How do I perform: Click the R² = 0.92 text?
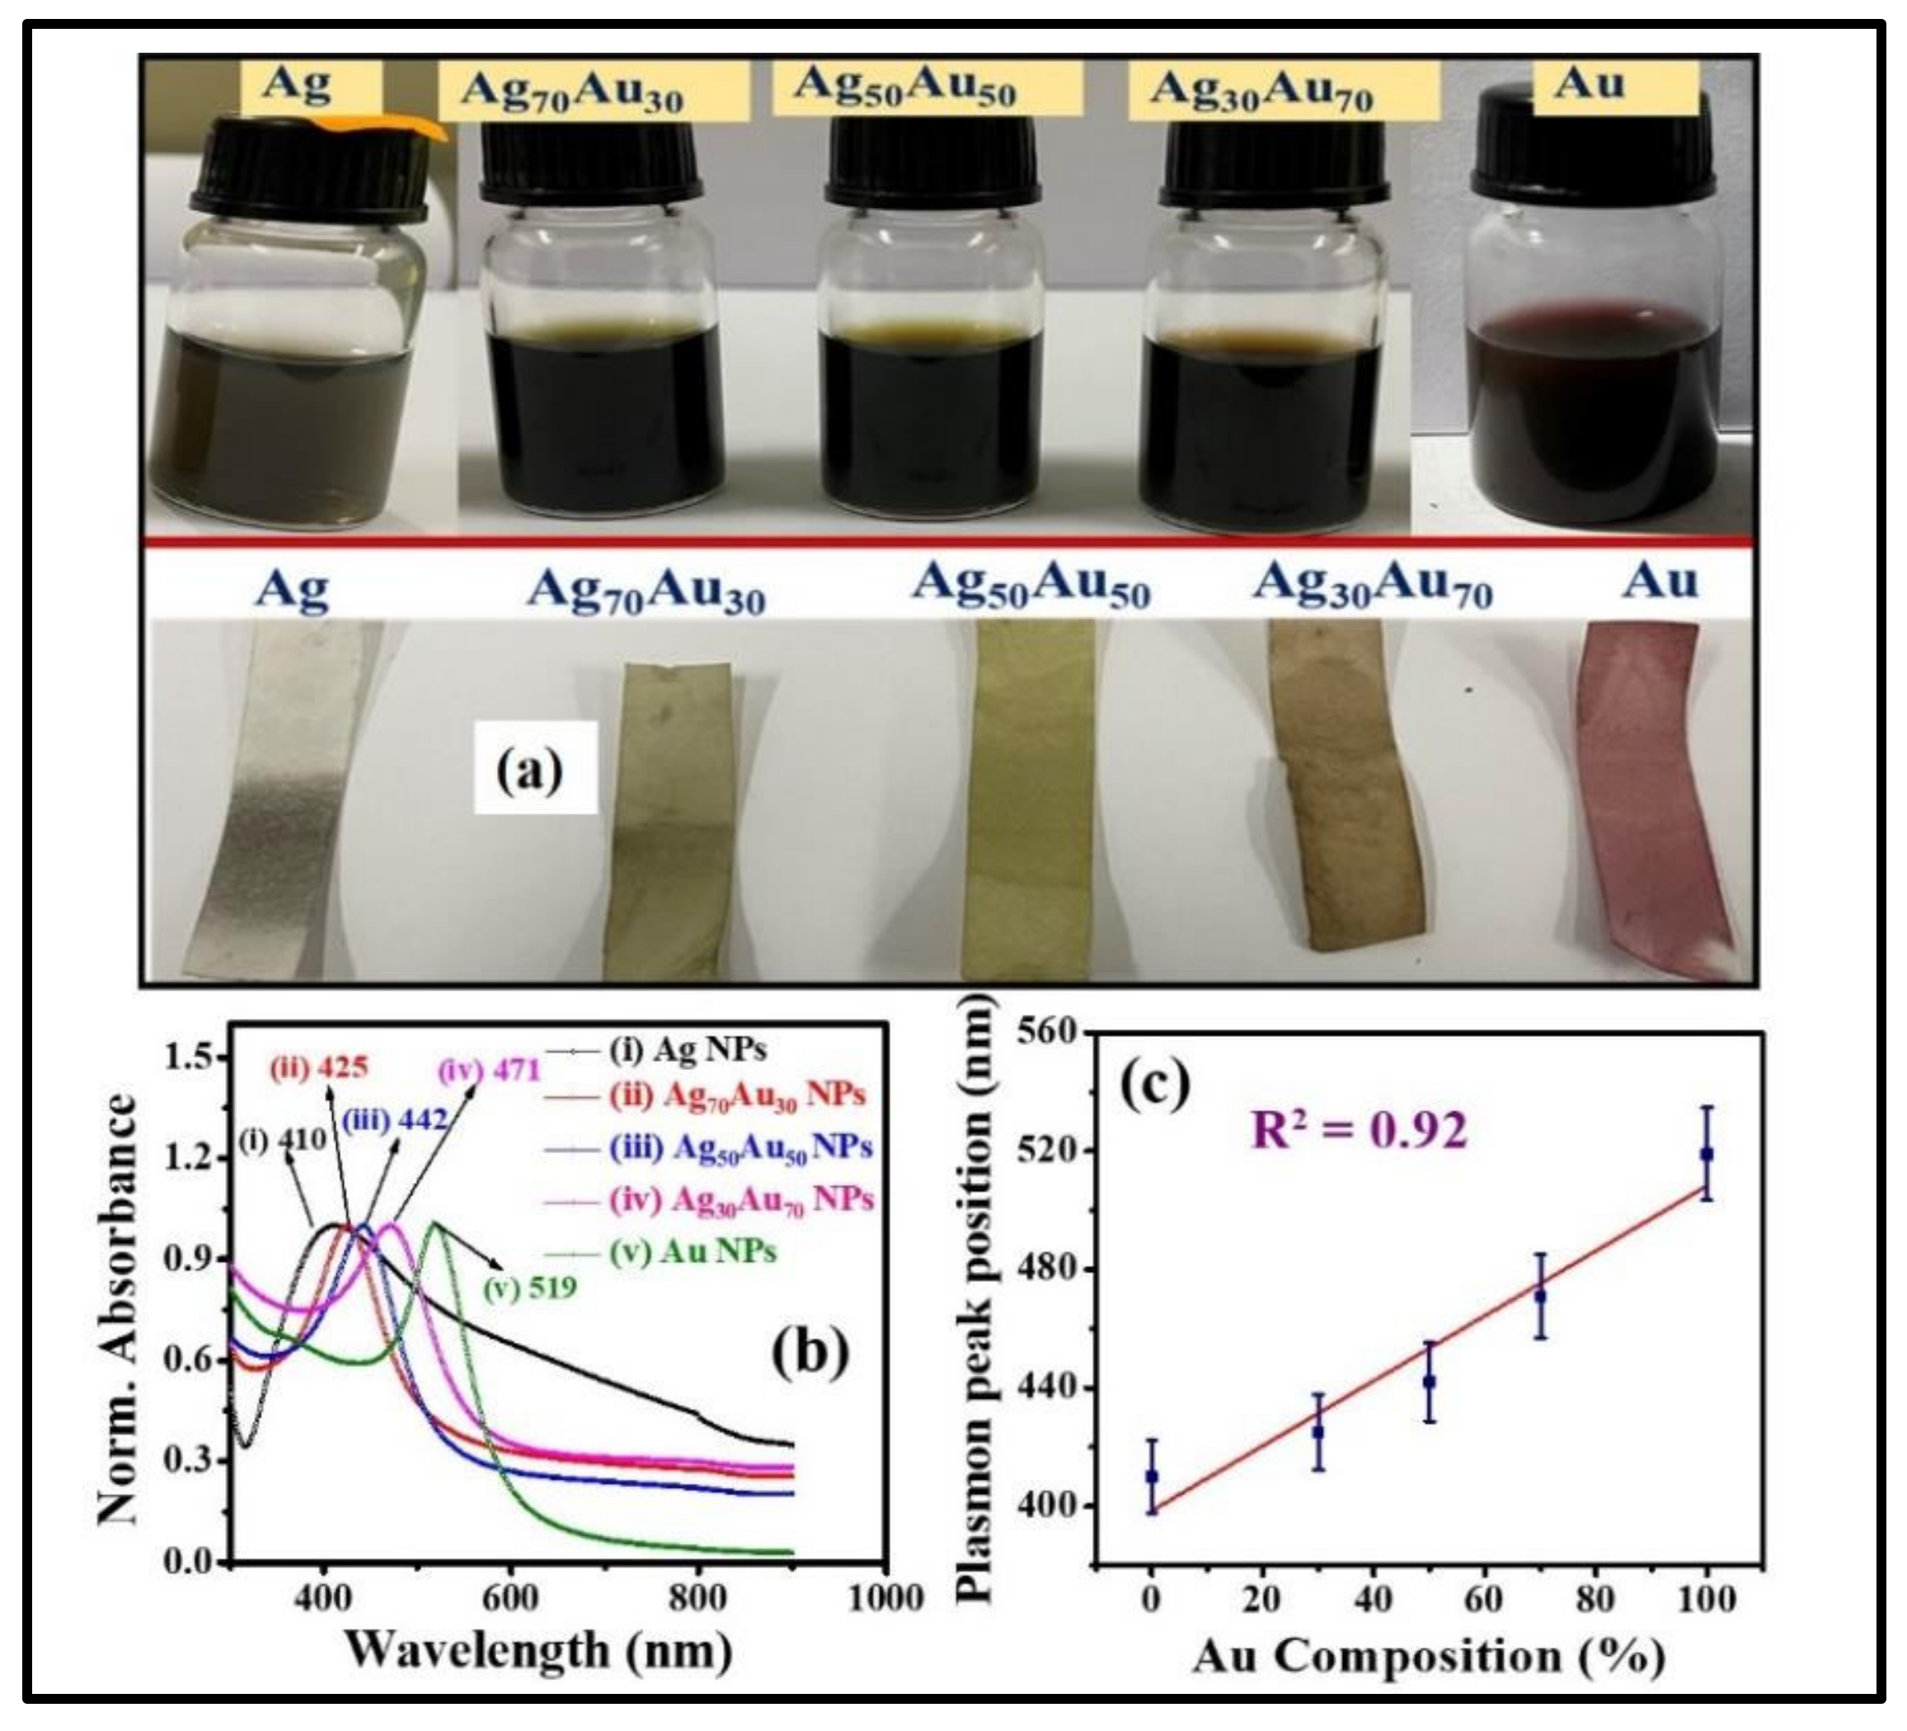pyautogui.click(x=1360, y=1130)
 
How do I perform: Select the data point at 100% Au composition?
pyautogui.click(x=1707, y=1153)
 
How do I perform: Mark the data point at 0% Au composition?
pyautogui.click(x=1151, y=1475)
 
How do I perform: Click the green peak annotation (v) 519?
pyautogui.click(x=529, y=1288)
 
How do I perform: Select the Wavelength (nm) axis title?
pyautogui.click(x=539, y=1650)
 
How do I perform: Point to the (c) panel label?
pyautogui.click(x=1155, y=1085)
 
